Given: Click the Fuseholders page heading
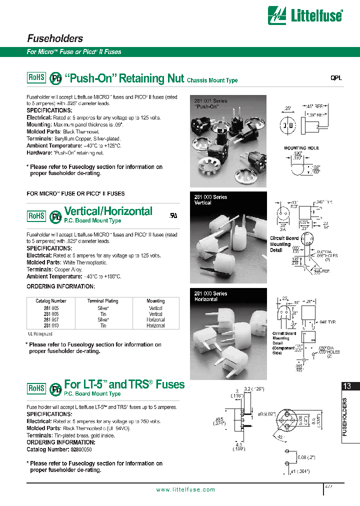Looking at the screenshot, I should [x=54, y=38].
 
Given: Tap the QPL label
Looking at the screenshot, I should [x=336, y=78].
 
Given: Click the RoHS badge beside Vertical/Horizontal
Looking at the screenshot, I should [x=36, y=215].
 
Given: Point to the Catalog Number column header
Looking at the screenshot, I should [x=51, y=301].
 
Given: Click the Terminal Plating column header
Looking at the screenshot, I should [x=102, y=301].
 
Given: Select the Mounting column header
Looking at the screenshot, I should [x=155, y=301].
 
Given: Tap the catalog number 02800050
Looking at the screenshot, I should [x=78, y=450].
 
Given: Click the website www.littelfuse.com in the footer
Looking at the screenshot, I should [x=185, y=490].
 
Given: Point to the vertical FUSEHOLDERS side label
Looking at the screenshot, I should [x=344, y=417].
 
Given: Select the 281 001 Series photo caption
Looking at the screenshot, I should [x=210, y=103].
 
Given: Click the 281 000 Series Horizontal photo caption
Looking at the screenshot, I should [x=210, y=296].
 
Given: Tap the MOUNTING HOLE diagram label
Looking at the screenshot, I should [x=301, y=148].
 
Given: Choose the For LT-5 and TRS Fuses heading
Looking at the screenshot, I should [x=124, y=384].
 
